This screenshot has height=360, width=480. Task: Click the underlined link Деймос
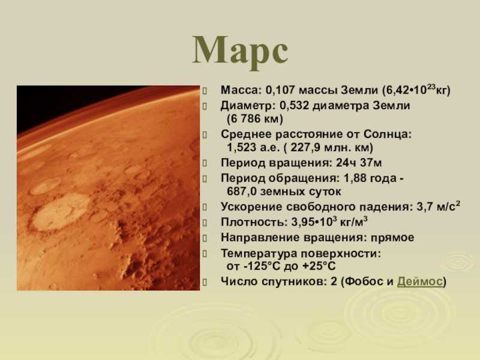(x=420, y=281)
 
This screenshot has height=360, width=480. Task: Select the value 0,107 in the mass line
(x=280, y=91)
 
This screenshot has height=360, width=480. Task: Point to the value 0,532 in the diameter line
(x=295, y=106)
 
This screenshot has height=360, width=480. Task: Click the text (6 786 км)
(x=255, y=119)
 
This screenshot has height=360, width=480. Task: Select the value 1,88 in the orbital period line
(x=355, y=178)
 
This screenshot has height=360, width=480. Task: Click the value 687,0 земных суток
(x=284, y=191)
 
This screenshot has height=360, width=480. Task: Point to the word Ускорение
(x=251, y=207)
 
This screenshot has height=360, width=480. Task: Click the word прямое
(x=392, y=238)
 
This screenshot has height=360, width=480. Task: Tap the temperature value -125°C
(x=262, y=266)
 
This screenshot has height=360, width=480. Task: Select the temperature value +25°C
(x=319, y=266)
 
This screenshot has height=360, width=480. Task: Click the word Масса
(x=240, y=91)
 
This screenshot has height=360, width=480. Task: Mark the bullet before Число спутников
(x=205, y=282)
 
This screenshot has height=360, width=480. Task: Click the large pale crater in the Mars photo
(x=61, y=211)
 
